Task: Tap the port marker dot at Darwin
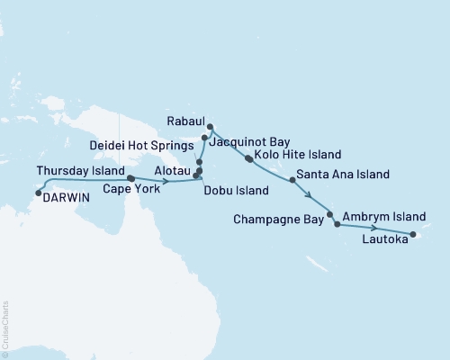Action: [x=38, y=191]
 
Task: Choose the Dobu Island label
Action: [x=238, y=191]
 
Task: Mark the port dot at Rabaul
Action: [x=211, y=127]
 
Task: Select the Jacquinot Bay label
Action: [x=249, y=141]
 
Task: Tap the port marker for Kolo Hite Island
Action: [x=248, y=158]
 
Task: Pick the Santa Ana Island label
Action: [x=343, y=174]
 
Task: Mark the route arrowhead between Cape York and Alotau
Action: [x=167, y=181]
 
